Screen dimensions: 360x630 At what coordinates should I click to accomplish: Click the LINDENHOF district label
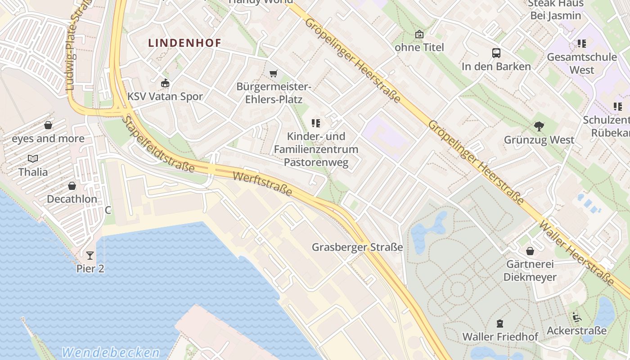(184, 43)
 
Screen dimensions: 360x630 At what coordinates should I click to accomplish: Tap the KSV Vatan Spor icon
(165, 83)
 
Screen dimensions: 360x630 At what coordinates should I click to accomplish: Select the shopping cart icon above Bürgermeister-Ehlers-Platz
(273, 73)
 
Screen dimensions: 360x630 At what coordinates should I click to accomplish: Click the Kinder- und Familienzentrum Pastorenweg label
(316, 149)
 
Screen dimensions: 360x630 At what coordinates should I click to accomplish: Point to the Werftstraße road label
(262, 183)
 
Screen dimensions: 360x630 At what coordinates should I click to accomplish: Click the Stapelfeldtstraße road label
(158, 144)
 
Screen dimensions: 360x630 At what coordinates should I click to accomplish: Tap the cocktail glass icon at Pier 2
(90, 256)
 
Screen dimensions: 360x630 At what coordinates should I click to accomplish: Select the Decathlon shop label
(72, 199)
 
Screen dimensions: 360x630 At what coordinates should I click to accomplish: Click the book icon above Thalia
(33, 158)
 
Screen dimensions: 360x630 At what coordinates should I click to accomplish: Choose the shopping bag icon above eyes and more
(48, 125)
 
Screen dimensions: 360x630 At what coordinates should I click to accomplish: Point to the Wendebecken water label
(111, 352)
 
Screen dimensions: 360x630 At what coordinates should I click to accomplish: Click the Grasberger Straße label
(357, 247)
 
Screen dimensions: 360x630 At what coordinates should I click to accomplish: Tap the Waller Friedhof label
(500, 337)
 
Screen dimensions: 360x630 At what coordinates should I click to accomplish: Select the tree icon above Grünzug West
(539, 126)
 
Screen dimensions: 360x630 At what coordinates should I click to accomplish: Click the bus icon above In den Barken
(496, 53)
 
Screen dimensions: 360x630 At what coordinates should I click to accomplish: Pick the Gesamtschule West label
(582, 63)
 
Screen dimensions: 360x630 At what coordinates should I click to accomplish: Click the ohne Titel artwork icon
(419, 34)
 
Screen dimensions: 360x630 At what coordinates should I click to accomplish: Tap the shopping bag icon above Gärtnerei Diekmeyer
(530, 251)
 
